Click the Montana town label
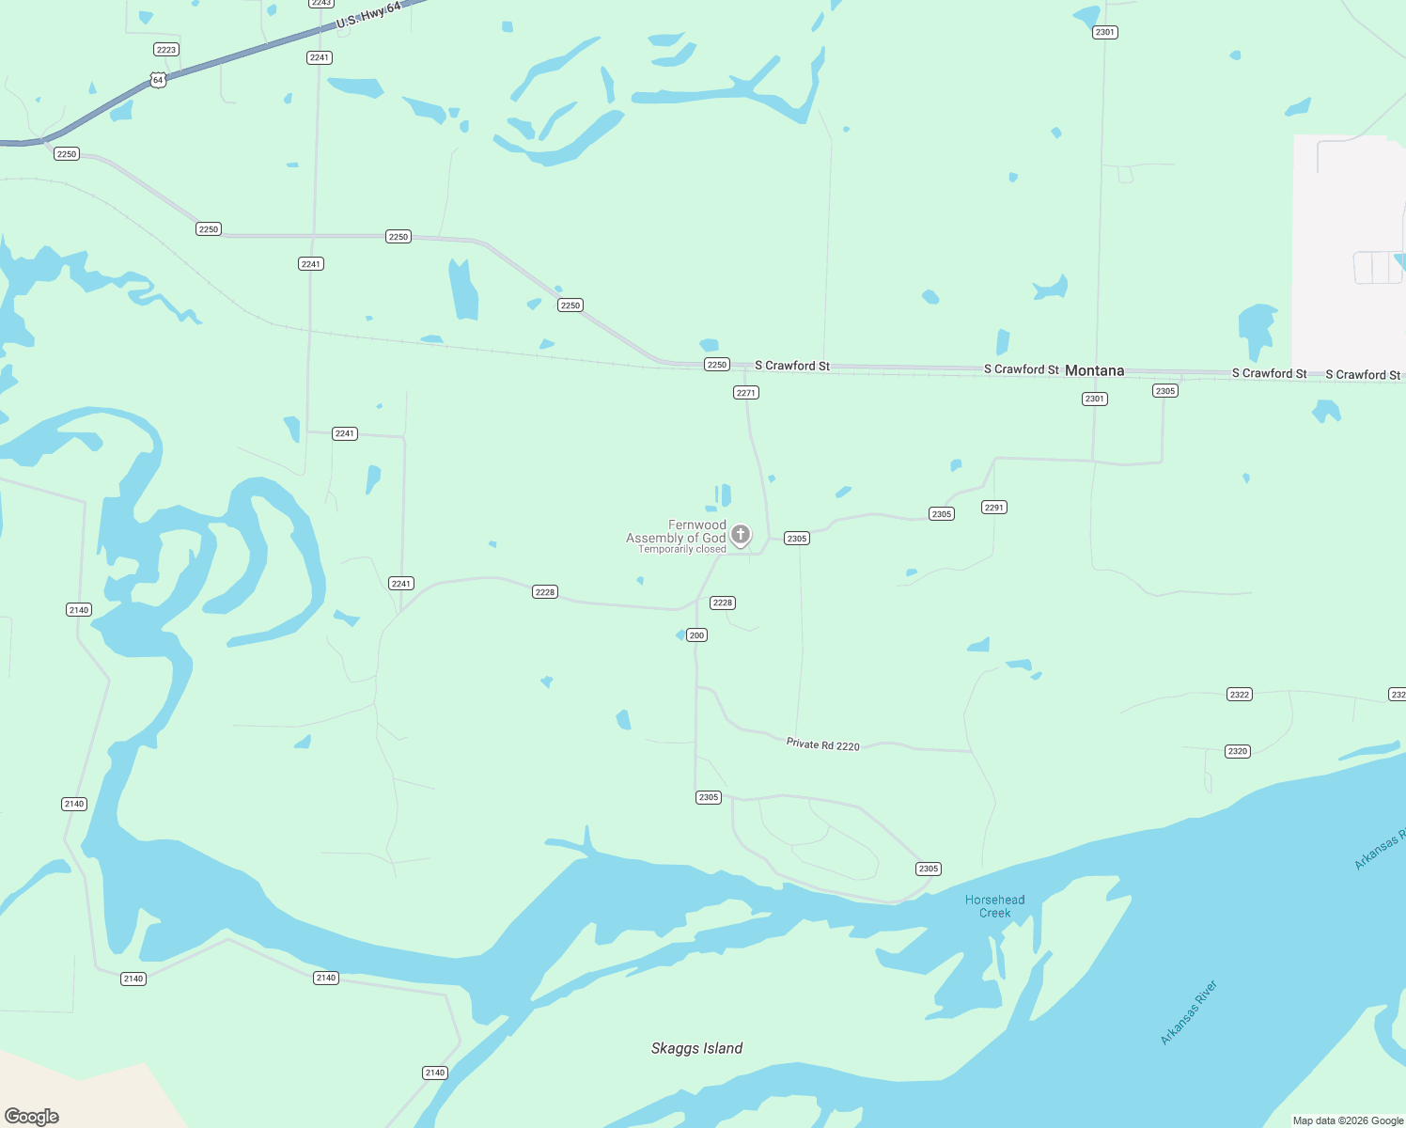coord(1094,370)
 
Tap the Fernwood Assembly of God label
coord(677,531)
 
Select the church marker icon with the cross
coord(741,535)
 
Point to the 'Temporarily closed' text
coord(682,550)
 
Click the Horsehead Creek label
coord(994,906)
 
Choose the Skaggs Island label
coord(696,1048)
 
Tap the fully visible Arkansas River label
coord(1189,1012)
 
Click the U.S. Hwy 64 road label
coord(368,14)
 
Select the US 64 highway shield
coord(158,80)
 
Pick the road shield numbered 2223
coord(166,50)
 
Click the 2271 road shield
coord(746,393)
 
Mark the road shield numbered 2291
coord(994,508)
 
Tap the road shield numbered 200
coord(696,635)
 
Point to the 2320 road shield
coord(1238,751)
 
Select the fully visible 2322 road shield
coord(1240,695)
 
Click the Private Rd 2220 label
coord(823,744)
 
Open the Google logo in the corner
coord(32,1117)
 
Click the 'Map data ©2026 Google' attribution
coord(1348,1120)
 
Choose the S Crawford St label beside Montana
coord(1021,369)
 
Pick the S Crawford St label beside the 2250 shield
coord(792,366)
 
